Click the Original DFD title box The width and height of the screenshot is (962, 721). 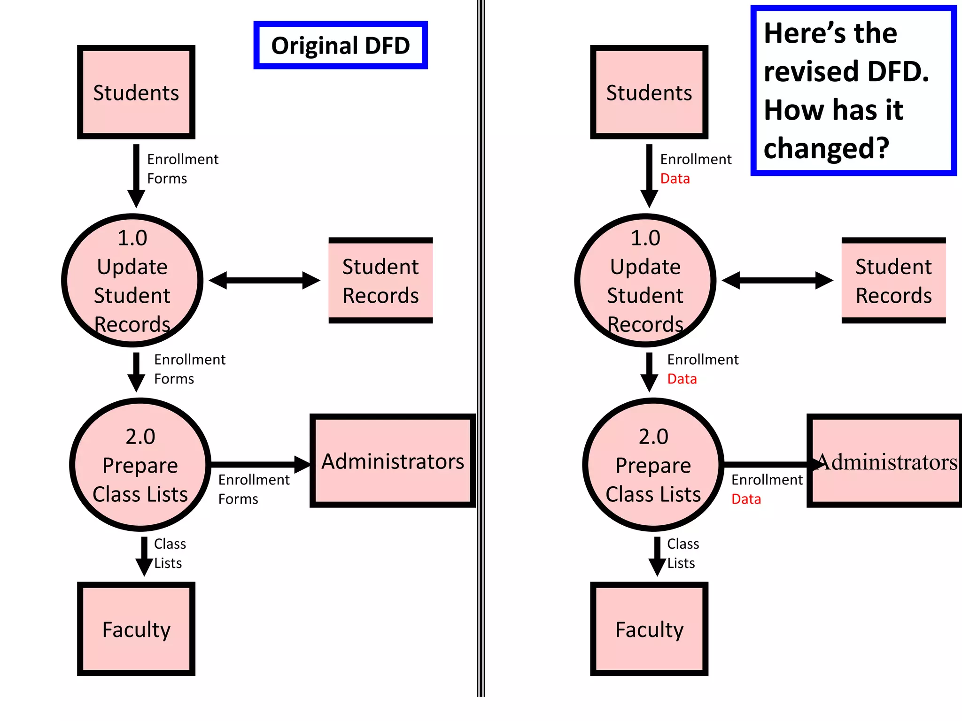click(x=341, y=46)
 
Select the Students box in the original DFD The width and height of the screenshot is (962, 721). click(x=136, y=92)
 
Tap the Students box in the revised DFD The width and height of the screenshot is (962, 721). click(x=649, y=92)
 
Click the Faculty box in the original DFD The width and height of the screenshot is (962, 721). click(x=136, y=629)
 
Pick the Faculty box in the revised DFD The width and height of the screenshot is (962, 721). click(x=649, y=629)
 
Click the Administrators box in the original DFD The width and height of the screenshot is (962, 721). click(x=393, y=461)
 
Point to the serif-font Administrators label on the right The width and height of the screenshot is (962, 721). click(x=887, y=462)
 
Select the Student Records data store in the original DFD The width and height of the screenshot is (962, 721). click(x=380, y=281)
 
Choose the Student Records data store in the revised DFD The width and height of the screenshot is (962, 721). click(x=893, y=281)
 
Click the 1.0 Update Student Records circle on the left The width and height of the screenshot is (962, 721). click(x=132, y=281)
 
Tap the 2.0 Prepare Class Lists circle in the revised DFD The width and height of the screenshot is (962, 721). click(x=653, y=465)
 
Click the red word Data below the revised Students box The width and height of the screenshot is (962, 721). click(x=675, y=179)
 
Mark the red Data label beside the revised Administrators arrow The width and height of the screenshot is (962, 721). click(x=746, y=499)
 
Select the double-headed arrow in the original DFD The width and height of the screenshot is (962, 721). click(x=264, y=281)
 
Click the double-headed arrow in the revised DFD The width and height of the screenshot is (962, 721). click(x=777, y=281)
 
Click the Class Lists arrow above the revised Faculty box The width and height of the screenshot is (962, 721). click(x=657, y=556)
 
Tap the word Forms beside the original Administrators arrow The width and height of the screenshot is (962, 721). click(x=238, y=499)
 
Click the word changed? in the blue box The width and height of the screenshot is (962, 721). click(x=826, y=148)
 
